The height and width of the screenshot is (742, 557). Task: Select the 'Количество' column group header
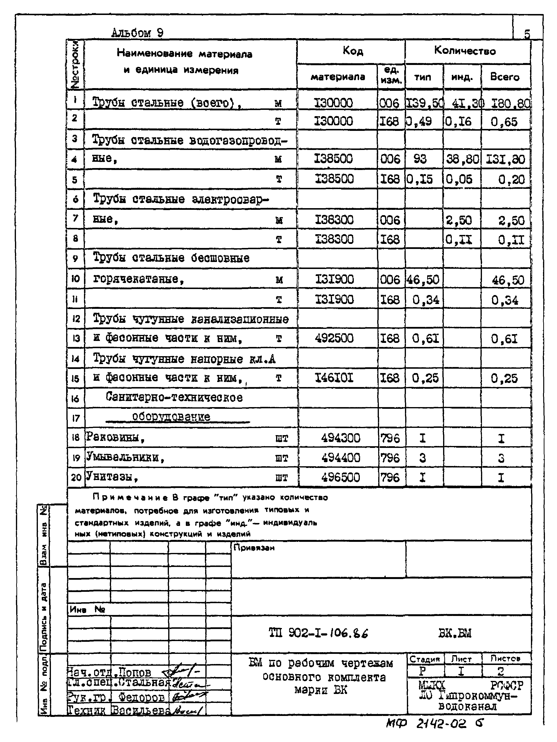tap(465, 51)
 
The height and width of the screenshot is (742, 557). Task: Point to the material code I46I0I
tap(334, 378)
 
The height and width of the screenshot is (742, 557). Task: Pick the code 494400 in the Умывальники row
tap(340, 458)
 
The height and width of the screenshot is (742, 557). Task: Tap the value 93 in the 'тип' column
tap(420, 159)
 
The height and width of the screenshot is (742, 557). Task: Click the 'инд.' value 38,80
tap(462, 159)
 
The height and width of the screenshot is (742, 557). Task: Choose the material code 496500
tap(340, 477)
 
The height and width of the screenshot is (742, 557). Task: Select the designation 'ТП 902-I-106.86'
tap(318, 633)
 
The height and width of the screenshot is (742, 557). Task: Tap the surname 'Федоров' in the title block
tap(141, 697)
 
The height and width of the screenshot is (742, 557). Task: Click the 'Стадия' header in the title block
tap(425, 659)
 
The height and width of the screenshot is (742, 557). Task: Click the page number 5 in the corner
tap(527, 34)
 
